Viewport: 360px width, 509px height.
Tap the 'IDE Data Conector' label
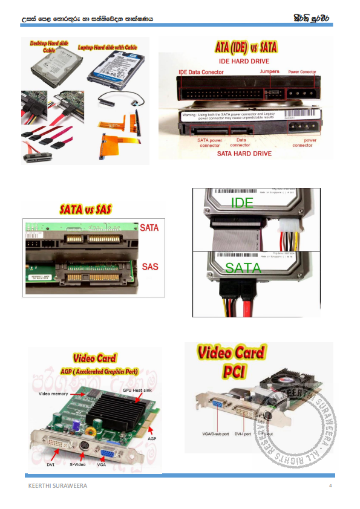coord(201,72)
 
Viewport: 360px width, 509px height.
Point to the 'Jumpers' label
coord(269,71)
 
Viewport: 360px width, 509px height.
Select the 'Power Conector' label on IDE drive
coord(302,72)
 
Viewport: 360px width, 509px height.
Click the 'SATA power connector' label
coord(209,143)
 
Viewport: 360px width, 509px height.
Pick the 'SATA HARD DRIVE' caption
coord(244,154)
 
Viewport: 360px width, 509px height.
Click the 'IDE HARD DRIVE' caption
coord(244,61)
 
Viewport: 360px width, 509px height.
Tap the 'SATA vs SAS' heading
coord(85,210)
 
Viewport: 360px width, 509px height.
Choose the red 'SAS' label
coord(150,267)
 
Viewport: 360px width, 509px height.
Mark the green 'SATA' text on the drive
coord(243,268)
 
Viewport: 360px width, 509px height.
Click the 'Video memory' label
coord(54,394)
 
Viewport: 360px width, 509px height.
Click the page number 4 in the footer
coord(330,486)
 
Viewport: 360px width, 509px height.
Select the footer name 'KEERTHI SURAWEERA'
coord(57,486)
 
